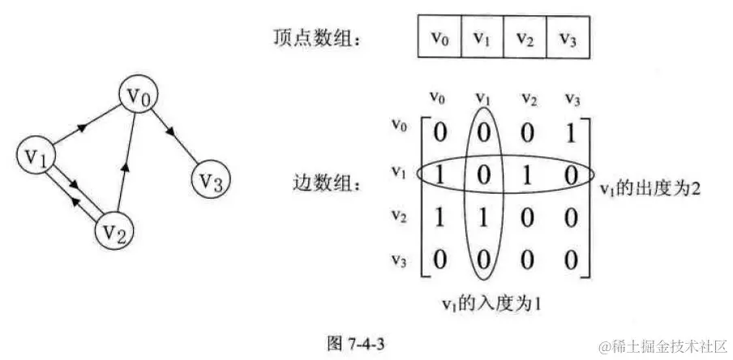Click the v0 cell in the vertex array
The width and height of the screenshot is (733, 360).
pyautogui.click(x=439, y=37)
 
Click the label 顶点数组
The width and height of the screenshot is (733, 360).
pyautogui.click(x=312, y=36)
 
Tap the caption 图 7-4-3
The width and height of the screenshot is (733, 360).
pyautogui.click(x=358, y=342)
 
